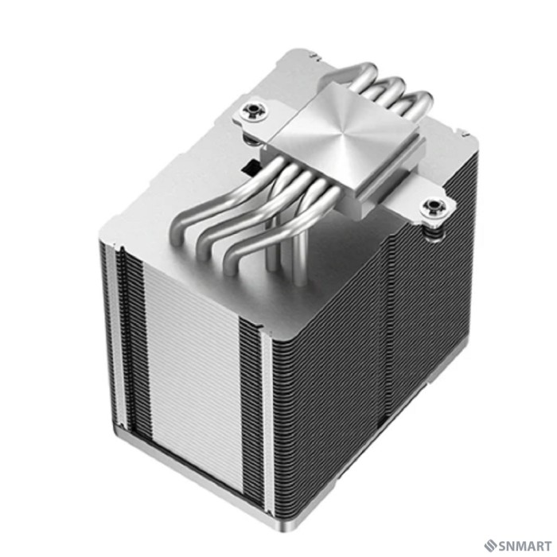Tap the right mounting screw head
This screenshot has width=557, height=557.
click(434, 208)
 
